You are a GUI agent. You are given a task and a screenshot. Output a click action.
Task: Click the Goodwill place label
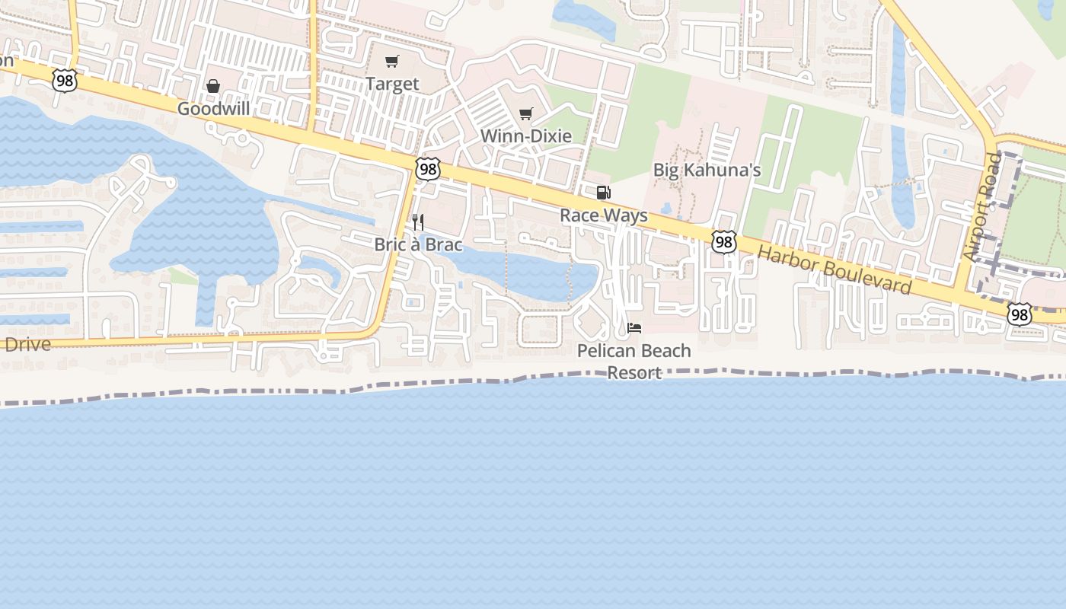click(214, 109)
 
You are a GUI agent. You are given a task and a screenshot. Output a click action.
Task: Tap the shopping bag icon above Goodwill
click(213, 86)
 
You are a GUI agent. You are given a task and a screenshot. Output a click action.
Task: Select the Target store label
click(392, 84)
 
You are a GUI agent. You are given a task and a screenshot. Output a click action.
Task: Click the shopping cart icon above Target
click(392, 61)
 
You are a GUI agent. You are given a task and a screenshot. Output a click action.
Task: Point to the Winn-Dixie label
click(525, 136)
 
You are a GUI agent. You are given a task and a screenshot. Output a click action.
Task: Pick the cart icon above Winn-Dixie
click(525, 114)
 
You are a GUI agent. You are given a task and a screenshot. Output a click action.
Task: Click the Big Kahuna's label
click(707, 170)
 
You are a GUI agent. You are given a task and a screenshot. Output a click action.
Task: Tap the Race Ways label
click(604, 215)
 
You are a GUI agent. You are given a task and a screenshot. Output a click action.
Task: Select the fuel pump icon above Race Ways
click(603, 193)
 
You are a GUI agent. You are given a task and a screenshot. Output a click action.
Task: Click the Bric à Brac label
click(418, 245)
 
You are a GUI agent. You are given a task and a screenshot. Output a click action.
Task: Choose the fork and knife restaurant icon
click(417, 222)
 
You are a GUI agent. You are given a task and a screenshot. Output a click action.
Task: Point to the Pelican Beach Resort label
click(634, 362)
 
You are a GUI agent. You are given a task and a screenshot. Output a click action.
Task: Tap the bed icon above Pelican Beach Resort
click(634, 328)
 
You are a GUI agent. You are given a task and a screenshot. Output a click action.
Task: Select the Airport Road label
click(984, 206)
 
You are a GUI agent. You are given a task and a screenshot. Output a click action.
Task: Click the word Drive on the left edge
click(27, 343)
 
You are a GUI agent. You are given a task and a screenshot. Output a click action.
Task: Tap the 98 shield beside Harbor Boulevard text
click(724, 242)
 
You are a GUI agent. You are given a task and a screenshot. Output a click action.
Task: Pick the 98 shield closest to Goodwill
click(65, 81)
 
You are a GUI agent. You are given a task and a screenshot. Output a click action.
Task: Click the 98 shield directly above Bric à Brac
click(428, 169)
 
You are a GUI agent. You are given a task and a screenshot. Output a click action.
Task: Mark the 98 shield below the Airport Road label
click(1019, 313)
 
